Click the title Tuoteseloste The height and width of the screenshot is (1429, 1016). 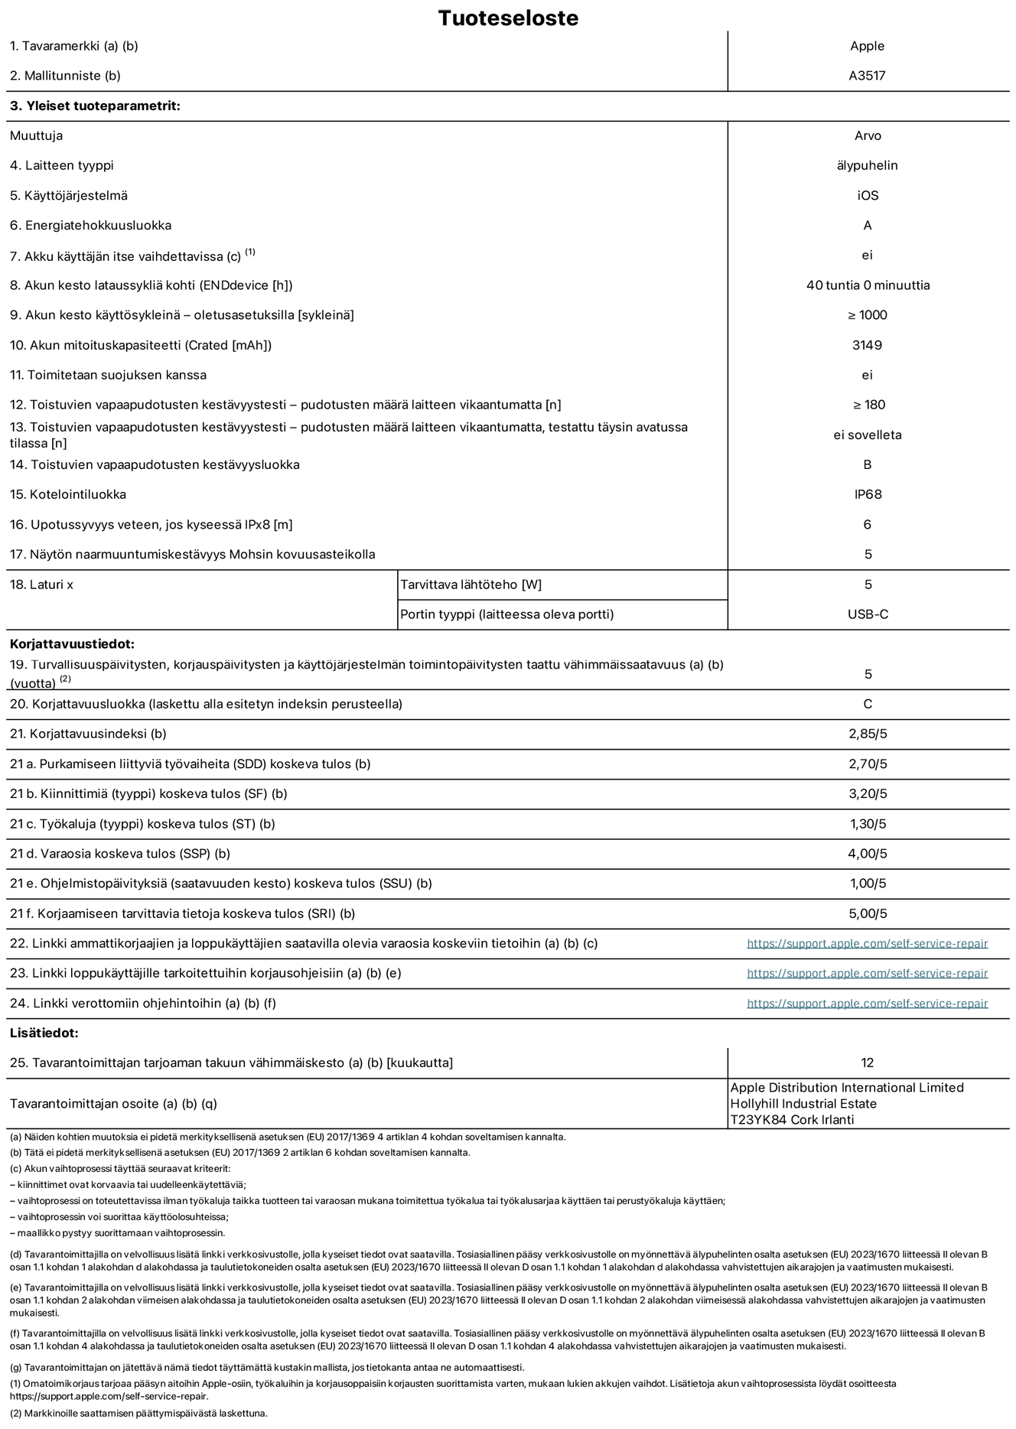click(508, 18)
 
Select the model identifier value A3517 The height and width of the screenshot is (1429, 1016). click(867, 76)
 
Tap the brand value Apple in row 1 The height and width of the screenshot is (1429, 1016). click(867, 46)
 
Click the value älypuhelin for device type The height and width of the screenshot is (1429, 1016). click(867, 165)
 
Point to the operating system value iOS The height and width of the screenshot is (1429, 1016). click(868, 195)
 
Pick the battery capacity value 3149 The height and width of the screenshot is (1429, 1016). click(867, 345)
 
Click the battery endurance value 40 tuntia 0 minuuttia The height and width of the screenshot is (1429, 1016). click(868, 285)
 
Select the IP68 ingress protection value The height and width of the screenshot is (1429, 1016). click(868, 494)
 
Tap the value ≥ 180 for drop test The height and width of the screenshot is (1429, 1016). click(868, 405)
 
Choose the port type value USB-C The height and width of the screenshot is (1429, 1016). click(868, 614)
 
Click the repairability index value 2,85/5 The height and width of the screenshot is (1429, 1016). click(868, 734)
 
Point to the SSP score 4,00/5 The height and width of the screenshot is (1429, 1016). click(868, 854)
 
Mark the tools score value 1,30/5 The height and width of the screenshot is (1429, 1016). click(868, 824)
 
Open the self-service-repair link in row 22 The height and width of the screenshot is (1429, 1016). click(867, 943)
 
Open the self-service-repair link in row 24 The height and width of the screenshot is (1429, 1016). click(867, 1003)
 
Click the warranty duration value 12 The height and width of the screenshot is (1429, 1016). click(867, 1063)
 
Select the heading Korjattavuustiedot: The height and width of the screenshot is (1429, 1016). click(72, 644)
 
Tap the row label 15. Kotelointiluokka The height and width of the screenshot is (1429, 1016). click(68, 494)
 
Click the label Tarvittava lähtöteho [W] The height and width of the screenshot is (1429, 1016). click(471, 584)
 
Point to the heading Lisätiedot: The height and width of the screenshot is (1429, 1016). click(44, 1033)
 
